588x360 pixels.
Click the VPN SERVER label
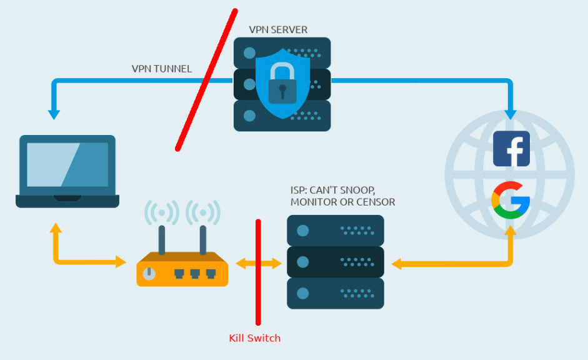(278, 29)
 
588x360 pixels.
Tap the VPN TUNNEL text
(162, 69)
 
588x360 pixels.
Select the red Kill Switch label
(254, 338)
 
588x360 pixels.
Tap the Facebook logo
(511, 149)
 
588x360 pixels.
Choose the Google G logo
(511, 200)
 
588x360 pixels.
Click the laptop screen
(67, 164)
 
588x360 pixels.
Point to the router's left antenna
(162, 240)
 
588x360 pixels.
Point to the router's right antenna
(203, 240)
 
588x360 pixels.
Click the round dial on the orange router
(149, 274)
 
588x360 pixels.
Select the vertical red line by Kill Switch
(258, 272)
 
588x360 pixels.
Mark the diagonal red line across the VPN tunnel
(206, 80)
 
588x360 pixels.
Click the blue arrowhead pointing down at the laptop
(54, 115)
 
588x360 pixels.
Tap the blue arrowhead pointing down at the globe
(511, 115)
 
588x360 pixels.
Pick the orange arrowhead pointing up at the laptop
(56, 227)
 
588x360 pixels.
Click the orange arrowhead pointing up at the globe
(511, 230)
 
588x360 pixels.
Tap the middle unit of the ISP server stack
(336, 262)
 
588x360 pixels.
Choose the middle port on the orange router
(195, 274)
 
